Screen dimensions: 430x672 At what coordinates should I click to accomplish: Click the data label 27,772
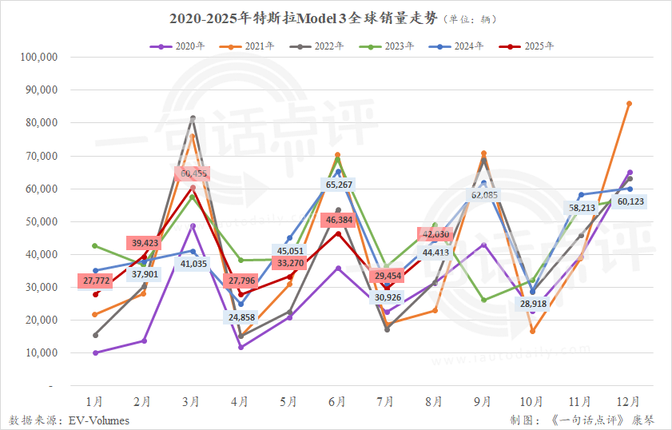click(96, 280)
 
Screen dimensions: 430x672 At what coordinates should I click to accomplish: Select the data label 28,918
click(533, 305)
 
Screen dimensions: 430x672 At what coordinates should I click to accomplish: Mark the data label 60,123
click(630, 201)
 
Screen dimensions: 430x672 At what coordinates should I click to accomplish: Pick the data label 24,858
click(241, 317)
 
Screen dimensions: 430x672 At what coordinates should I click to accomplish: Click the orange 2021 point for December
click(630, 103)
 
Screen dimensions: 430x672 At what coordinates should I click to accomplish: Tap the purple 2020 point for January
click(96, 352)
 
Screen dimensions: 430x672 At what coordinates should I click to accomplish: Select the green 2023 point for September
click(483, 300)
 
